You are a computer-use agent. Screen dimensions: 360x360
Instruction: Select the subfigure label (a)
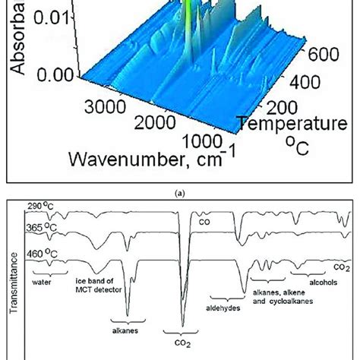[x=180, y=193]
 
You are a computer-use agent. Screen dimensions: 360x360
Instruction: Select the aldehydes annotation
[x=223, y=308]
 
